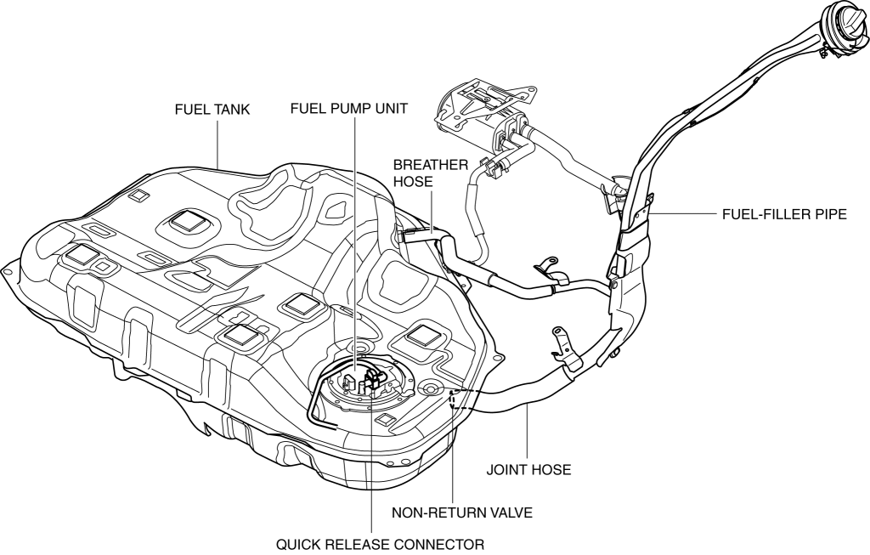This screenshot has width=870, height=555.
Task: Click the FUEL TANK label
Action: tap(212, 109)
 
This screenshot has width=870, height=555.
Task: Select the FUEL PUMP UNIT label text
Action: tap(348, 109)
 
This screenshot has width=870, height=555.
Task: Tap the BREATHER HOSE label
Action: tap(430, 173)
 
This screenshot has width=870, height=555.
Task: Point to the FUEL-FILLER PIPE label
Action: tap(782, 214)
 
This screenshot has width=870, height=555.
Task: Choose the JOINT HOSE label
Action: tap(528, 468)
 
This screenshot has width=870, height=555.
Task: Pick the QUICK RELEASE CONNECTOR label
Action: tap(374, 543)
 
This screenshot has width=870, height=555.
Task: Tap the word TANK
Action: tap(231, 109)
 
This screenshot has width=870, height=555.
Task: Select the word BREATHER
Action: tap(430, 165)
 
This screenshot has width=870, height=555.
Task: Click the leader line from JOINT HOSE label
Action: tap(528, 433)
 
